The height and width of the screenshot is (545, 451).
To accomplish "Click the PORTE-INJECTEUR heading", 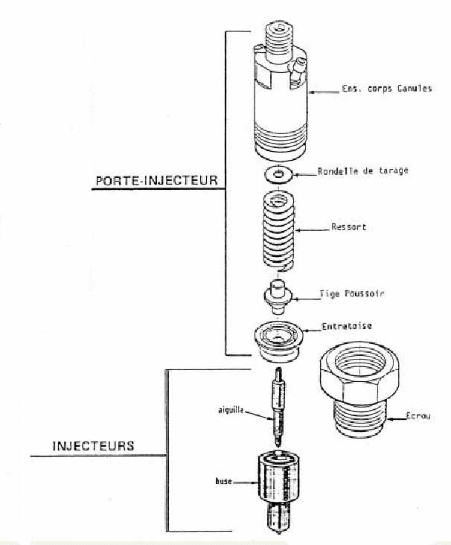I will click(x=156, y=181).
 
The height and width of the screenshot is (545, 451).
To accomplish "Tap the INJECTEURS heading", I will click(x=93, y=446).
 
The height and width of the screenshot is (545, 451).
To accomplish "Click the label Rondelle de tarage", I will click(x=362, y=170).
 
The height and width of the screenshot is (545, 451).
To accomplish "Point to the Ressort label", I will click(x=348, y=227).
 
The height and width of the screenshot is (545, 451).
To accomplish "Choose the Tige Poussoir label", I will click(x=352, y=294).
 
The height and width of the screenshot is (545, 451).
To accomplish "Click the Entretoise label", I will click(x=347, y=325).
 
